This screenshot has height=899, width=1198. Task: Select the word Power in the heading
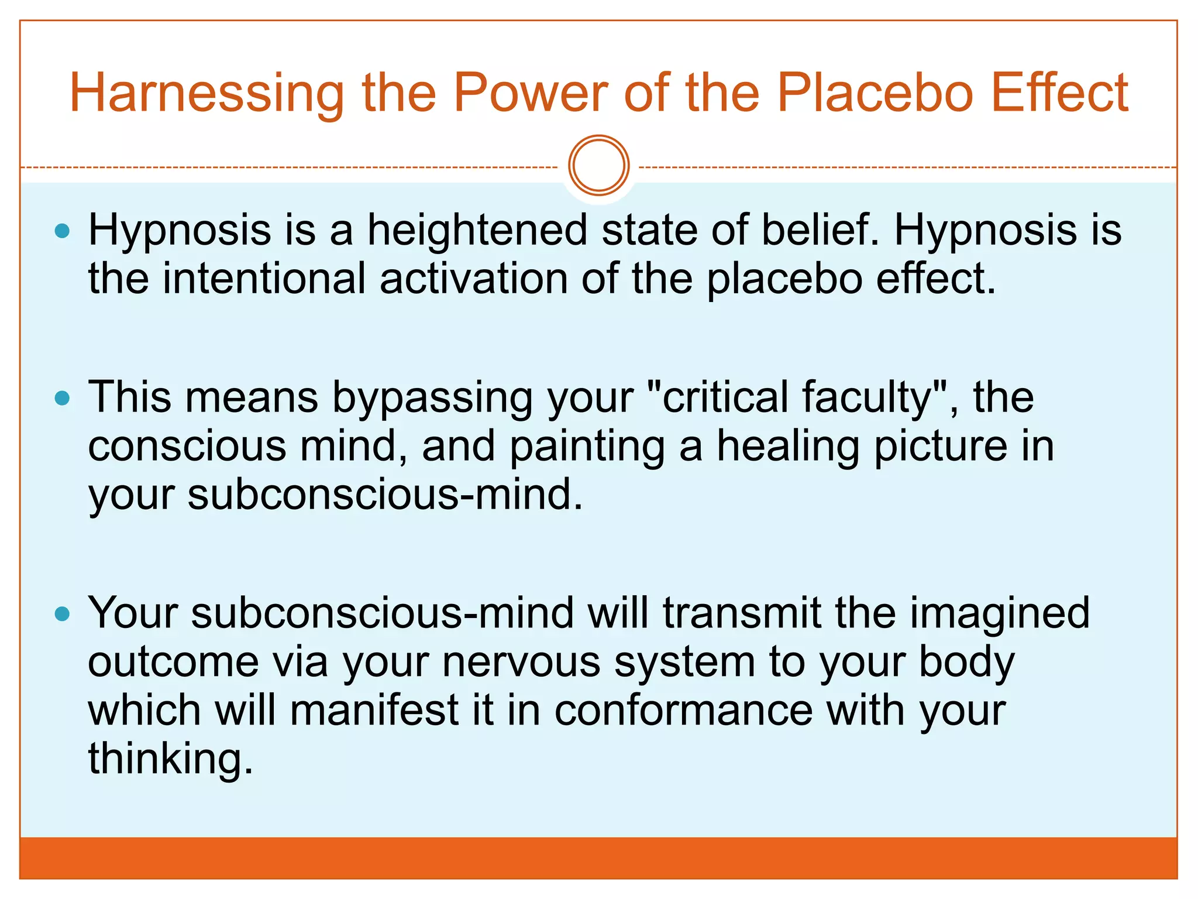point(530,94)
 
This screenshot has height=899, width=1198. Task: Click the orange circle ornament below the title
point(598,166)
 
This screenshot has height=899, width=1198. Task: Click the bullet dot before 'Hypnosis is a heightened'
point(62,231)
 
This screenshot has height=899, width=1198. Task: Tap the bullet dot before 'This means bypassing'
point(62,399)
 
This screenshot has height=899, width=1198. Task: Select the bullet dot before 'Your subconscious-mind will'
point(62,615)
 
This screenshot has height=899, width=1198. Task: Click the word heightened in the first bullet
point(477,229)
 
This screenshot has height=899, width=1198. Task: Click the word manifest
point(374,711)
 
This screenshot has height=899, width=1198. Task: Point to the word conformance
point(683,711)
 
